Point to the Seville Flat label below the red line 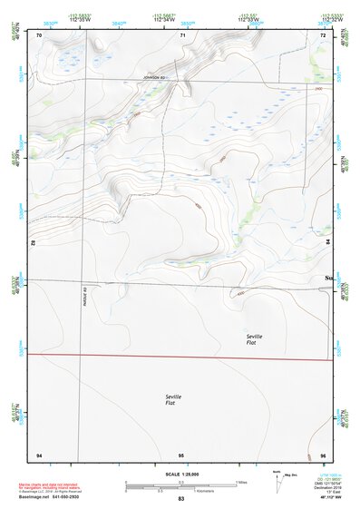[174, 400]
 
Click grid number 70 [39, 35]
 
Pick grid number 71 [182, 35]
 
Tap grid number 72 [323, 35]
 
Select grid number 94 [39, 454]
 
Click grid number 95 [181, 454]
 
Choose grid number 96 [323, 454]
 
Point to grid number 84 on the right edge [328, 243]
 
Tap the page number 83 [181, 499]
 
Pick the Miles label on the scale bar [242, 481]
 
